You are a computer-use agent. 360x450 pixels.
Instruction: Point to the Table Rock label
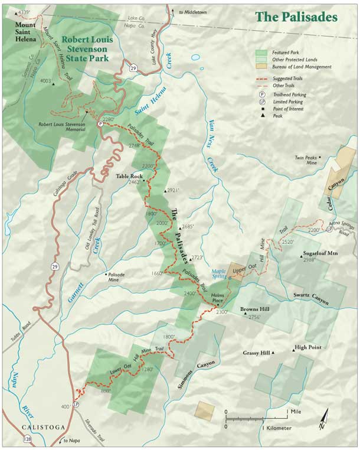[129, 176]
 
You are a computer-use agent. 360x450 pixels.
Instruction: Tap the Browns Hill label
[254, 309]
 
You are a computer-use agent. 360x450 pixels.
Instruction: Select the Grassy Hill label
[256, 353]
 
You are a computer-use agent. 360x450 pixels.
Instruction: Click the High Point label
[308, 347]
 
